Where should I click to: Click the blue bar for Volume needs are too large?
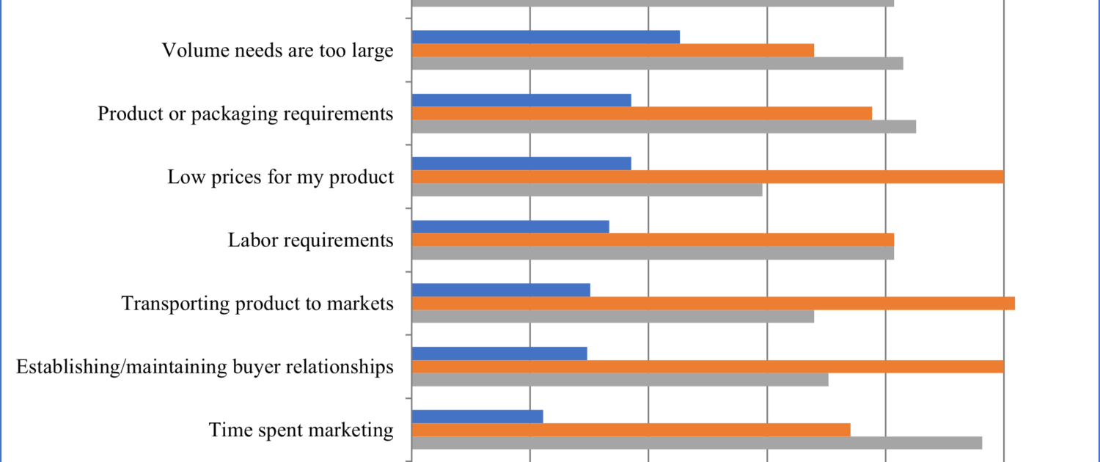[546, 37]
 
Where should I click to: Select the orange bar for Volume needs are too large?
[613, 50]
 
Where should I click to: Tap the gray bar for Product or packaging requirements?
[664, 127]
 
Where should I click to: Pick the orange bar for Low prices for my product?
[708, 177]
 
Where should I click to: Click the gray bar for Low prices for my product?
[587, 190]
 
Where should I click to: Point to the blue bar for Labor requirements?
[510, 227]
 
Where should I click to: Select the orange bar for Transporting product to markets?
[713, 304]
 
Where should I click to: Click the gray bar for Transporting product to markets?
[613, 317]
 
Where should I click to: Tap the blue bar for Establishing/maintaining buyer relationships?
[499, 353]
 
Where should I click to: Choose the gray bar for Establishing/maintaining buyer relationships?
[620, 380]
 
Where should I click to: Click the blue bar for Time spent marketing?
[477, 417]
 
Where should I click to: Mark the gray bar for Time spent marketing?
[697, 443]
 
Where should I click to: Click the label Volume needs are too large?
[277, 51]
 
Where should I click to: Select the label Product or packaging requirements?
[246, 114]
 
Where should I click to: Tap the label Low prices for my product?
[281, 177]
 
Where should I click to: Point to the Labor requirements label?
[311, 240]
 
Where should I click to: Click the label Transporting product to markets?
[257, 303]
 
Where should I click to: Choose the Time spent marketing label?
[301, 429]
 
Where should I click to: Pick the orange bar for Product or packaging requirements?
[642, 114]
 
